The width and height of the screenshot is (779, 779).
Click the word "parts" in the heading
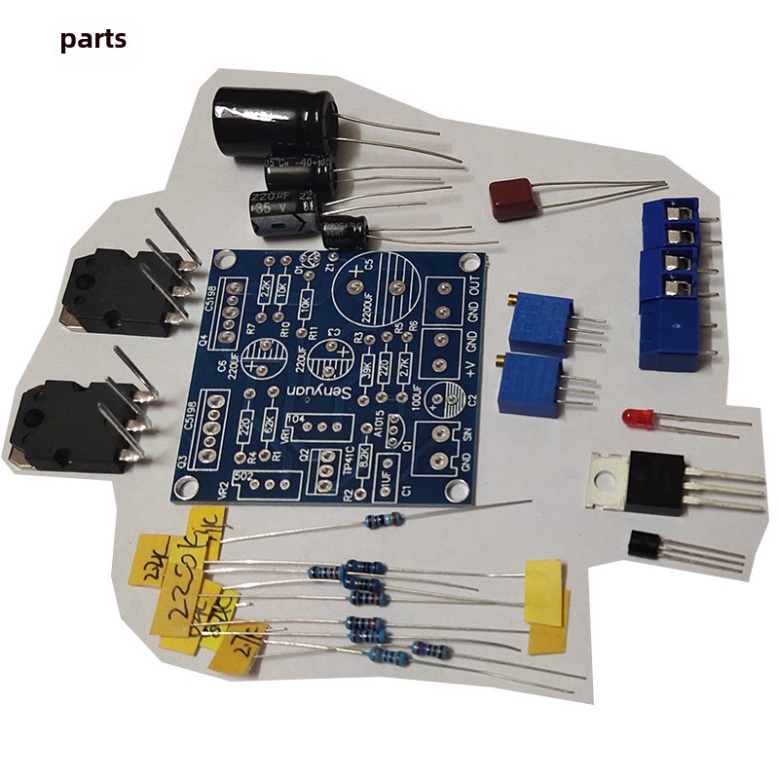(93, 40)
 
